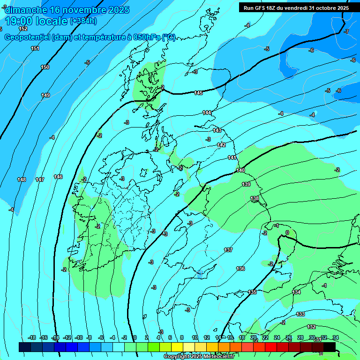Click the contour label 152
[x=23, y=29]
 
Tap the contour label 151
[x=35, y=48]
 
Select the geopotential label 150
[x=45, y=67]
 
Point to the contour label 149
[x=45, y=95]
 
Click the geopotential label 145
[x=199, y=93]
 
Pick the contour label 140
[x=240, y=170]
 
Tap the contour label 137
[x=228, y=250]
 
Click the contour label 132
[x=311, y=327]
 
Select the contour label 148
[x=22, y=180]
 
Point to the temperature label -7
[x=346, y=31]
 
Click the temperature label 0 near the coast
[x=287, y=232]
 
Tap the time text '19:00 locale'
[x=37, y=21]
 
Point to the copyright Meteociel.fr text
[x=198, y=356]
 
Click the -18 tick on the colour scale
[x=32, y=337]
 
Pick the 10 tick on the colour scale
[x=195, y=337]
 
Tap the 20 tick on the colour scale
[x=254, y=337]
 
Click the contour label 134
[x=296, y=292]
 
